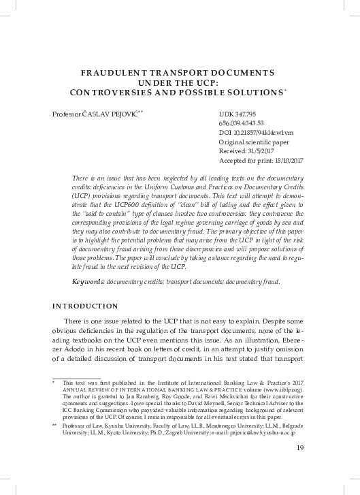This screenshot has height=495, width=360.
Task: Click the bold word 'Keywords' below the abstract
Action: (89, 281)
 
